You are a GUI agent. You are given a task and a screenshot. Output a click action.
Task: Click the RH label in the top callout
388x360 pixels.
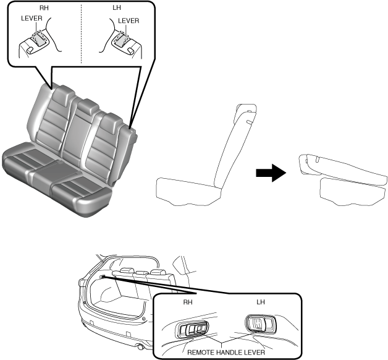[x=43, y=9]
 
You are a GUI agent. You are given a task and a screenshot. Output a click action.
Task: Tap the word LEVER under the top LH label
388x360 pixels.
[x=129, y=19]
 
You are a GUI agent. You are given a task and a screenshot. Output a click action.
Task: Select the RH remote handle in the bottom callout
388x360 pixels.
[x=193, y=330]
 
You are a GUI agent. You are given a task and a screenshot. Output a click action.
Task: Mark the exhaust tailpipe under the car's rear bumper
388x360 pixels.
[x=141, y=348]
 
